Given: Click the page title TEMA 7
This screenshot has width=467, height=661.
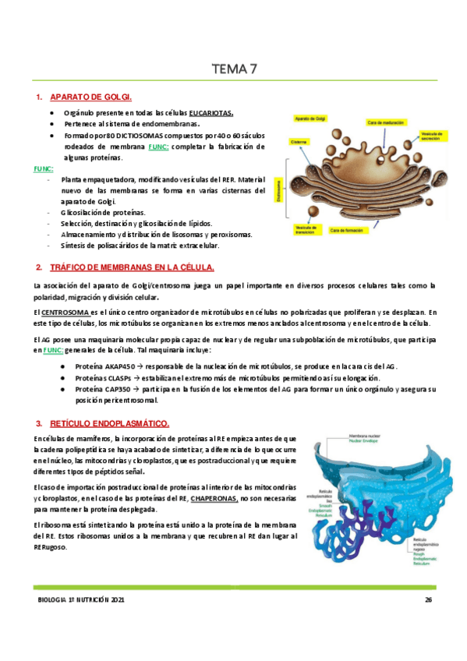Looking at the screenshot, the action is pos(234,69).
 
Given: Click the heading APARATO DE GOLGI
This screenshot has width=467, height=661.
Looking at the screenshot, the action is pos(90,97).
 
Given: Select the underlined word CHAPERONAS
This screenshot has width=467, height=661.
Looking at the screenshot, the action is pos(214,497).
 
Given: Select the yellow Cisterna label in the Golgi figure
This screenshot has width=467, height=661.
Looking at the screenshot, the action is pos(301,142).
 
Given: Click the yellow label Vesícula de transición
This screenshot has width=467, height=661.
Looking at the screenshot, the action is pos(306,228).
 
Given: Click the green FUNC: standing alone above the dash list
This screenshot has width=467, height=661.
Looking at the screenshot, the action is pos(43,168).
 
